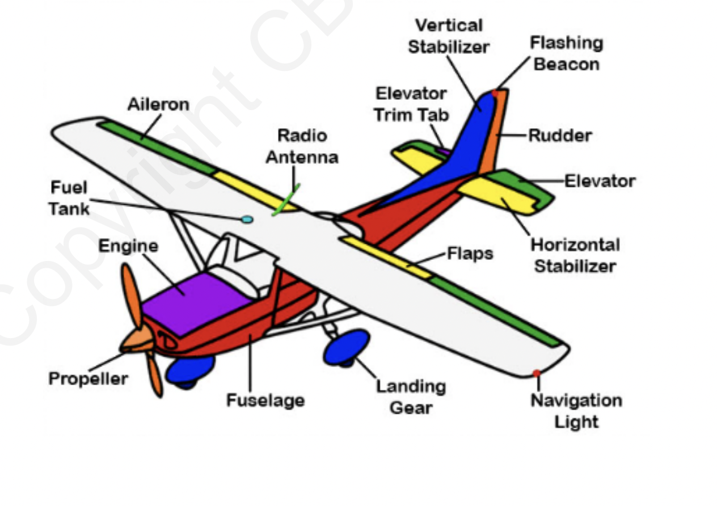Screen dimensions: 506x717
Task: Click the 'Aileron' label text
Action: [158, 104]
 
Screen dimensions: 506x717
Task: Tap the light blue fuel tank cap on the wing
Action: [247, 219]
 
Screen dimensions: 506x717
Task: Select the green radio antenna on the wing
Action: [285, 200]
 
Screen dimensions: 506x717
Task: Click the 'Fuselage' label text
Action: [265, 400]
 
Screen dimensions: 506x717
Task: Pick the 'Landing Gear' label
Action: [411, 397]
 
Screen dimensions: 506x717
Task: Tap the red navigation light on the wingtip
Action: [536, 373]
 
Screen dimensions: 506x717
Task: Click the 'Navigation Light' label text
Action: [576, 411]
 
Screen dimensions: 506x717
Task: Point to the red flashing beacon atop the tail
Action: [495, 92]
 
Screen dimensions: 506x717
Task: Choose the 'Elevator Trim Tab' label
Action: [411, 104]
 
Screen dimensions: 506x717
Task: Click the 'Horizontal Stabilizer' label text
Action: [575, 255]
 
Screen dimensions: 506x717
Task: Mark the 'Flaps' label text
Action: [470, 254]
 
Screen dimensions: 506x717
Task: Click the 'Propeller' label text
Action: [88, 378]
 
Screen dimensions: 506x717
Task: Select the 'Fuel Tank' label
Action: [69, 198]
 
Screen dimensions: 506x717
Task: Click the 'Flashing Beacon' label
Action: [566, 53]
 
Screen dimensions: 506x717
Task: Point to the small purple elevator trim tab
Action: [443, 151]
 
